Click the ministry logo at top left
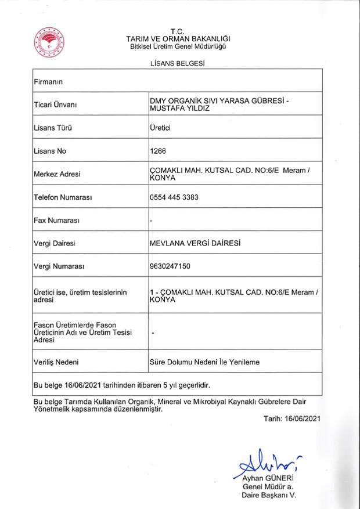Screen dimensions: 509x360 coord(48,42)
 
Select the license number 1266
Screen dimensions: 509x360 coord(158,151)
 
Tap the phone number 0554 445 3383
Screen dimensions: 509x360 coord(174,197)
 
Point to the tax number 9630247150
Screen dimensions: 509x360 coord(170,266)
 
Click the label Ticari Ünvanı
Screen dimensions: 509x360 coord(56,104)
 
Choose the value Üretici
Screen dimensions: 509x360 coord(160,128)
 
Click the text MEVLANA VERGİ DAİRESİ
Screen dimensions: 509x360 coord(195,243)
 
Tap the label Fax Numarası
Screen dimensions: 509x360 coord(56,221)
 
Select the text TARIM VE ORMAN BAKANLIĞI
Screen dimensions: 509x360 coord(177,38)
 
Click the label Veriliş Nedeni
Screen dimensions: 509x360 coord(56,362)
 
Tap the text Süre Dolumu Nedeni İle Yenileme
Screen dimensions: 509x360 coord(204,362)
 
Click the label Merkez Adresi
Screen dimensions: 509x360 coord(57,174)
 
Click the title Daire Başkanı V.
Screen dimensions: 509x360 coord(269,496)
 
